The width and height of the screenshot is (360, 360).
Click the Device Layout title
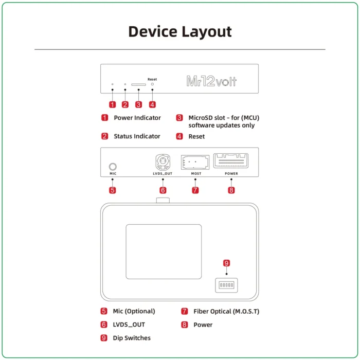(x=179, y=31)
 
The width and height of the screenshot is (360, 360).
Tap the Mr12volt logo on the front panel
(x=211, y=81)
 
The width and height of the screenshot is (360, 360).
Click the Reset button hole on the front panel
(x=152, y=84)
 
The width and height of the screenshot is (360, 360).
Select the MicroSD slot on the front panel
(x=138, y=84)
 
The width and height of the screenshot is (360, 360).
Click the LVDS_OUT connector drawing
(x=163, y=163)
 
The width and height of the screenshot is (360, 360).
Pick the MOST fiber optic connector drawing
(x=195, y=163)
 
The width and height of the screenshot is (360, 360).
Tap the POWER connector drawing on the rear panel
(x=231, y=161)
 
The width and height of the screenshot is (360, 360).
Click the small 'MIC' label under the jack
(x=113, y=174)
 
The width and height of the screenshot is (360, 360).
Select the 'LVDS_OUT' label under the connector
(x=163, y=174)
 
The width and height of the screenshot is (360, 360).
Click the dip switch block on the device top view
(x=226, y=284)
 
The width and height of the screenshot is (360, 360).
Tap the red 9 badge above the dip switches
(x=226, y=263)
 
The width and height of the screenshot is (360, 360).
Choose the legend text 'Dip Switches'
(x=132, y=338)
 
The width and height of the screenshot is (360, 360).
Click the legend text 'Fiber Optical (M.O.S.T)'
(x=226, y=311)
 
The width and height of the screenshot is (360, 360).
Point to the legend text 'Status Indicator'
(x=137, y=136)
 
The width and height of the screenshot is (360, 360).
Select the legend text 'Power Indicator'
(x=137, y=118)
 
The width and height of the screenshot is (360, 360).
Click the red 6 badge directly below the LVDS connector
(x=163, y=190)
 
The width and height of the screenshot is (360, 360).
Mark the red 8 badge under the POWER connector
(x=231, y=190)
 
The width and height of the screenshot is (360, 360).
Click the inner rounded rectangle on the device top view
(x=164, y=251)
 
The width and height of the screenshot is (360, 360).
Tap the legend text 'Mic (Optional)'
(x=134, y=311)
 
